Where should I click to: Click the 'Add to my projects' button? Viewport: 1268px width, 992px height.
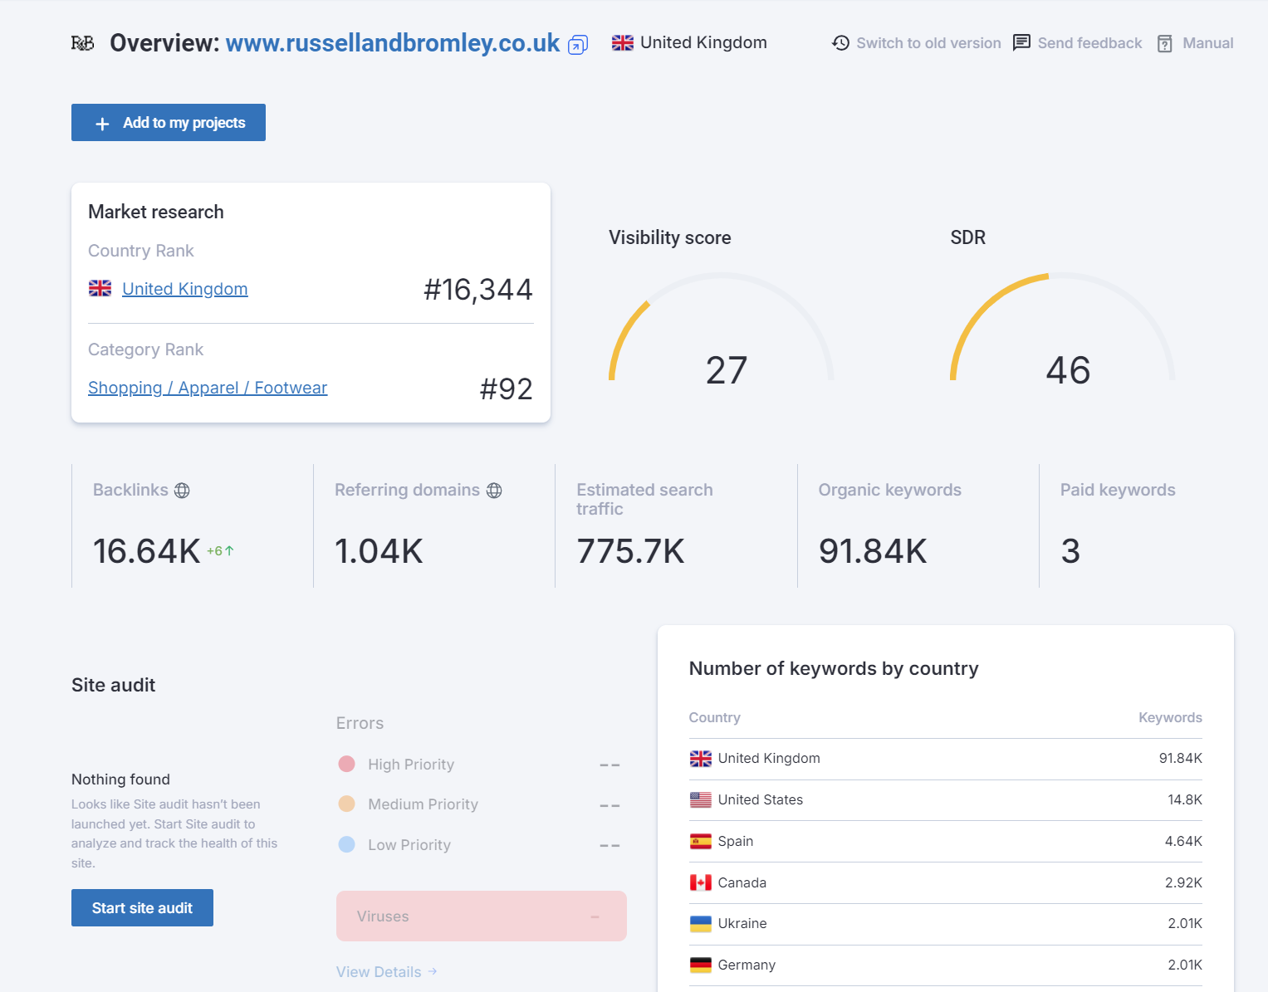[x=169, y=123]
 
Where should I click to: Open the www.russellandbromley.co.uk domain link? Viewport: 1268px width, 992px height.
[x=392, y=43]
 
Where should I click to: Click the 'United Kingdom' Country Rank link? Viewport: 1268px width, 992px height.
[x=184, y=289]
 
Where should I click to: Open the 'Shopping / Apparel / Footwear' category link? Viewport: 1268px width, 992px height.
[x=208, y=388]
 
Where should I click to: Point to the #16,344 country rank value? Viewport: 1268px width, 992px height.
[x=477, y=290]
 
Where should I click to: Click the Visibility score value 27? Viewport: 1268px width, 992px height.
[x=727, y=370]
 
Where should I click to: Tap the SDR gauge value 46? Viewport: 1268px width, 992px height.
[x=1068, y=370]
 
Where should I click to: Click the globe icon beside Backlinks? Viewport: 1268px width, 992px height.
[x=182, y=491]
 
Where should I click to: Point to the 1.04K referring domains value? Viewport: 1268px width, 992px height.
[x=379, y=551]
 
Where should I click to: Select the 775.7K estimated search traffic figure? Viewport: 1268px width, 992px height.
[x=630, y=551]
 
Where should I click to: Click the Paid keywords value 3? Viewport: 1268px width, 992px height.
[x=1070, y=551]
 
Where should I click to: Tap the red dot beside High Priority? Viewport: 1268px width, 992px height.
[x=347, y=764]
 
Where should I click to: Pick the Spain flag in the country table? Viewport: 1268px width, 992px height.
[x=701, y=841]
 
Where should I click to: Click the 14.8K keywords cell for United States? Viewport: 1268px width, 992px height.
[x=1184, y=799]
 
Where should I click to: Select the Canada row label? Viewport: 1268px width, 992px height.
[x=742, y=882]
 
